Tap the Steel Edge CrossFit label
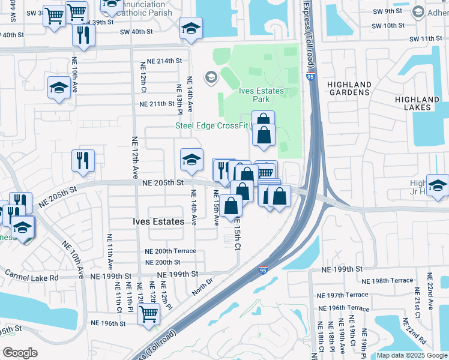pyautogui.click(x=212, y=125)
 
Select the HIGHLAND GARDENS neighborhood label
pyautogui.click(x=349, y=88)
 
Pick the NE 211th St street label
pyautogui.click(x=157, y=104)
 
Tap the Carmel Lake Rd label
pyautogui.click(x=32, y=278)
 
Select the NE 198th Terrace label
pyautogui.click(x=388, y=280)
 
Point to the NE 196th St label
pyautogui.click(x=108, y=323)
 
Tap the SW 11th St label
pyautogui.click(x=426, y=39)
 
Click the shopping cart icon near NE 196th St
pyautogui.click(x=148, y=313)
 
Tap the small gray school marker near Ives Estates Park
pyautogui.click(x=211, y=77)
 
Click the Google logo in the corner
pyautogui.click(x=20, y=352)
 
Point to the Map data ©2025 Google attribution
pyautogui.click(x=411, y=355)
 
